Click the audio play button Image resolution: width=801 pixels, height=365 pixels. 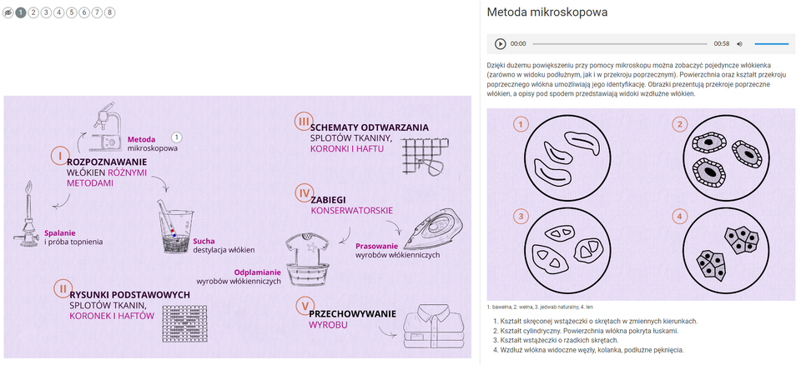501,43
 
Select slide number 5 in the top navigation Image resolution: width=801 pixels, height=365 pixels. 71,12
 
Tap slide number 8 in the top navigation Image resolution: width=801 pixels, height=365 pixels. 110,12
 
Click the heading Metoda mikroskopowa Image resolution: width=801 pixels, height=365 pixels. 547,12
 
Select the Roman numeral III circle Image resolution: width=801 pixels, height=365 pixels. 303,122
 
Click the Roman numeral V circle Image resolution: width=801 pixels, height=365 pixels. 304,306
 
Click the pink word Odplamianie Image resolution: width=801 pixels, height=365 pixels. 258,272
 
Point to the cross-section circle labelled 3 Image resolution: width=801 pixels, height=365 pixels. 563,248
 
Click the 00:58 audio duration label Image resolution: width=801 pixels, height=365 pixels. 722,43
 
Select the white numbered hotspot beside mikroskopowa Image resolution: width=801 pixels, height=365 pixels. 176,137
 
